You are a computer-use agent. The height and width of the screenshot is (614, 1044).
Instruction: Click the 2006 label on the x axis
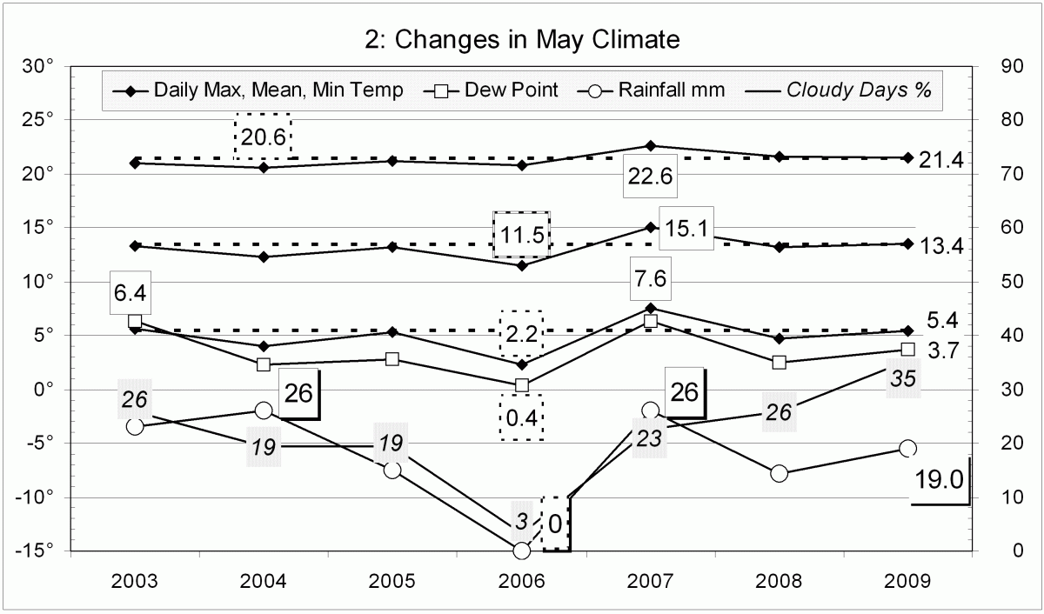click(521, 581)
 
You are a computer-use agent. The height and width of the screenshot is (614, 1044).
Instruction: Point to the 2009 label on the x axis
click(907, 581)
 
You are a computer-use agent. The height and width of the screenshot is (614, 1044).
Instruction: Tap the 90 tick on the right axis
click(1006, 66)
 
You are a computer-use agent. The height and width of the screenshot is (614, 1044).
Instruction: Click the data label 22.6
click(650, 177)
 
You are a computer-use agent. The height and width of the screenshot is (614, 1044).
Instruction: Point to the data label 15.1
click(687, 228)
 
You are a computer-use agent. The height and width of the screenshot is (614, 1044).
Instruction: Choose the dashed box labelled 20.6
click(262, 136)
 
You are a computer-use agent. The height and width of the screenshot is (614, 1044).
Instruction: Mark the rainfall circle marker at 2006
click(521, 551)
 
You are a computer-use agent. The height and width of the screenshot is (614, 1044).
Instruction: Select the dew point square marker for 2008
click(779, 363)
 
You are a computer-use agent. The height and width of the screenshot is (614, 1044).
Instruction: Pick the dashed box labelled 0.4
click(521, 417)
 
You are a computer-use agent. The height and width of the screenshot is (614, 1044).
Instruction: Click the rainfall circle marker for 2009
click(907, 448)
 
